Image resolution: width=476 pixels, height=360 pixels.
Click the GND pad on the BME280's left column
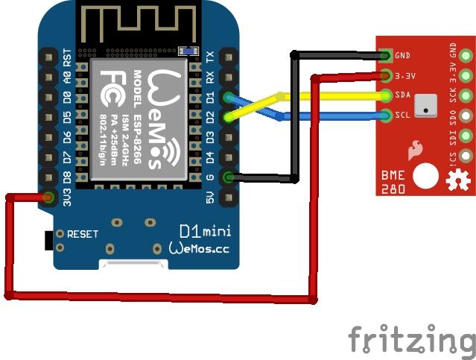tap(386, 55)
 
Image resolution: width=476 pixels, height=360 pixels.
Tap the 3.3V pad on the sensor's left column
tap(386, 75)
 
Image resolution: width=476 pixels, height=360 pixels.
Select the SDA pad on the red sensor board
tap(386, 95)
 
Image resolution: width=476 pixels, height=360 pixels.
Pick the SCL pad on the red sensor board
tap(386, 116)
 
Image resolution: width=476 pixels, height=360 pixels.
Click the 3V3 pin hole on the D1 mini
tap(49, 198)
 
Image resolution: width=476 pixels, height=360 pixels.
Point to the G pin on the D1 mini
tap(228, 177)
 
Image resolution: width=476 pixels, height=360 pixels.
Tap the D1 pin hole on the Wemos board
tap(228, 97)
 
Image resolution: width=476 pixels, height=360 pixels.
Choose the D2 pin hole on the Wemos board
tap(228, 117)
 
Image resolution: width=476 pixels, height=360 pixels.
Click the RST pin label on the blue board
tap(67, 57)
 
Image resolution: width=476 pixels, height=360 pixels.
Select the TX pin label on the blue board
tap(210, 57)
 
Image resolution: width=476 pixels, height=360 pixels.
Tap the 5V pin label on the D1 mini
tap(210, 198)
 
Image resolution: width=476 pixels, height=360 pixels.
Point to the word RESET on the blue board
tap(82, 234)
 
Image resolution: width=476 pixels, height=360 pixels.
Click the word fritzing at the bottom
tap(410, 340)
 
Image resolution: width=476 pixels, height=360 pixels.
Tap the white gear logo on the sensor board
tap(453, 180)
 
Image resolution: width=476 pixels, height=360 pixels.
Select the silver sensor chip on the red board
tap(425, 105)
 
